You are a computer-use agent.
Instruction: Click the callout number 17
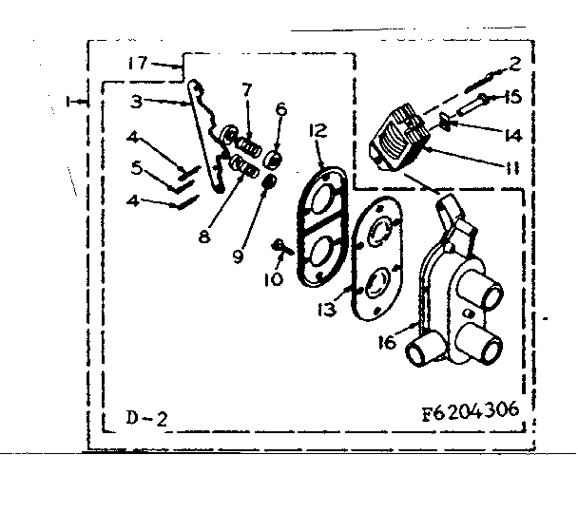point(137,63)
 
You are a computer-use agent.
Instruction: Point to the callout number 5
point(137,168)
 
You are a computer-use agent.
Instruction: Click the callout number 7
point(247,89)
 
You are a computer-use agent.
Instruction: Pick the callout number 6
point(280,108)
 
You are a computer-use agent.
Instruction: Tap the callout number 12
point(318,129)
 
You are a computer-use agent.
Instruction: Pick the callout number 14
point(512,134)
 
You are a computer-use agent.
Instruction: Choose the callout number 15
point(511,97)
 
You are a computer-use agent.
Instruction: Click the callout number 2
point(514,64)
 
